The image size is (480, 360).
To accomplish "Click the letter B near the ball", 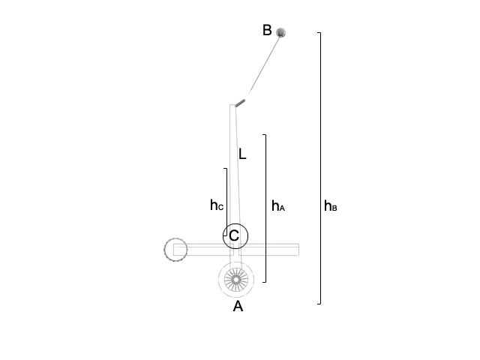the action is pyautogui.click(x=267, y=30).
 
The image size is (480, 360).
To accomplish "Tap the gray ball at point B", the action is pyautogui.click(x=280, y=32).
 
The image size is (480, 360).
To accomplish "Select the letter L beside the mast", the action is pyautogui.click(x=242, y=154).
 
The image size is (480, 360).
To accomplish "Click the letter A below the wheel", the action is pyautogui.click(x=238, y=306).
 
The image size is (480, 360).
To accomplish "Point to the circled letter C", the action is pyautogui.click(x=234, y=235).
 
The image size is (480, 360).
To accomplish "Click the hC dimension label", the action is pyautogui.click(x=217, y=205).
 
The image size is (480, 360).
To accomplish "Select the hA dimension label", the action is pyautogui.click(x=278, y=205).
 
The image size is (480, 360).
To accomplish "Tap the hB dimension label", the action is pyautogui.click(x=331, y=205).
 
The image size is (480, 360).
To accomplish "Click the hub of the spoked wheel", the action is pyautogui.click(x=236, y=280).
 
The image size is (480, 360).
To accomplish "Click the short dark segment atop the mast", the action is pyautogui.click(x=240, y=103).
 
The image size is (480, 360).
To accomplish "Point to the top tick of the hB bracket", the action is pyautogui.click(x=319, y=32).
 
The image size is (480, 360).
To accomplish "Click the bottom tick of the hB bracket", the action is pyautogui.click(x=319, y=304).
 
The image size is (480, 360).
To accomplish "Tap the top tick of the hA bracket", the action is pyautogui.click(x=264, y=135).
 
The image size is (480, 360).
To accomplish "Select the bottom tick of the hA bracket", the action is pyautogui.click(x=264, y=282).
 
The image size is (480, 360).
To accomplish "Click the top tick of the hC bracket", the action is pyautogui.click(x=226, y=168).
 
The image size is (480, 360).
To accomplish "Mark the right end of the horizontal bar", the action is pyautogui.click(x=298, y=250).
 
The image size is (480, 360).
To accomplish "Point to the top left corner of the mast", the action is pyautogui.click(x=230, y=105).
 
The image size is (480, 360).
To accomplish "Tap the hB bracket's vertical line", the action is pyautogui.click(x=320, y=168).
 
